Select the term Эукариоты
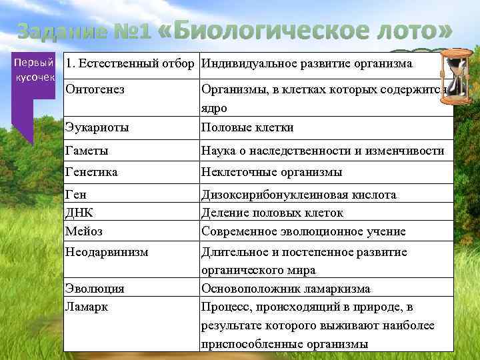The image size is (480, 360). pos(97,127)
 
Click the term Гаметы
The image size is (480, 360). pos(87,151)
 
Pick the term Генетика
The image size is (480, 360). pos(91,172)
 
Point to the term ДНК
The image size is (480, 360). pos(79,213)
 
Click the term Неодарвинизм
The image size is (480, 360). pos(107,252)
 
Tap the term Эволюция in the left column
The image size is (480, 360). pos(95,289)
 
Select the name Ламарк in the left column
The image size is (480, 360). pos(86,307)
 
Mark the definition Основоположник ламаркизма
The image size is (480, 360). pos(285,289)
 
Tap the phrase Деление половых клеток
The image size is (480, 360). pos(272,213)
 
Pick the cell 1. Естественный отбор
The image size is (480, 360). pos(130,64)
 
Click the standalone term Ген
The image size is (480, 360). pos(76,195)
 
